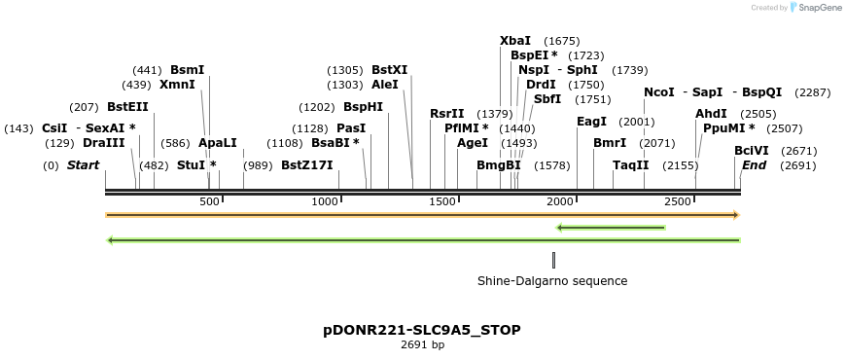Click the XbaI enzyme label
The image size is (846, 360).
click(x=515, y=41)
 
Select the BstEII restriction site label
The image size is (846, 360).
click(x=127, y=106)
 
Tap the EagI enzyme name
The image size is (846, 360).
click(x=591, y=122)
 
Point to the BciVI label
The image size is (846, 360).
click(x=752, y=151)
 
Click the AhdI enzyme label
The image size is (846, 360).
click(x=711, y=114)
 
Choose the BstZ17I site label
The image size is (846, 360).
click(x=307, y=165)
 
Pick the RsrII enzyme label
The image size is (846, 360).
click(x=447, y=114)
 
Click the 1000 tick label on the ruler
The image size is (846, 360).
click(x=325, y=201)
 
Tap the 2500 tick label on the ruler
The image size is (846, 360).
click(x=678, y=201)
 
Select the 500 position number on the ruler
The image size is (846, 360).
click(x=209, y=201)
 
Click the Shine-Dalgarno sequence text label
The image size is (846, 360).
click(x=552, y=281)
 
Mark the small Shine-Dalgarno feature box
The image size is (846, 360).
click(x=553, y=260)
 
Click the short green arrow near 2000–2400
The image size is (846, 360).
click(x=611, y=229)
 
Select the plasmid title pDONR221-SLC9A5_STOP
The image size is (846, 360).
click(x=422, y=330)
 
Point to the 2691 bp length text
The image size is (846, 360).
click(x=422, y=344)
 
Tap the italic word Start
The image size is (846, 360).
click(x=83, y=165)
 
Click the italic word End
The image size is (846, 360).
click(x=755, y=165)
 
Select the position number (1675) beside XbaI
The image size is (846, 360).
click(x=562, y=41)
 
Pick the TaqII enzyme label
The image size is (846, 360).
click(x=631, y=165)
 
